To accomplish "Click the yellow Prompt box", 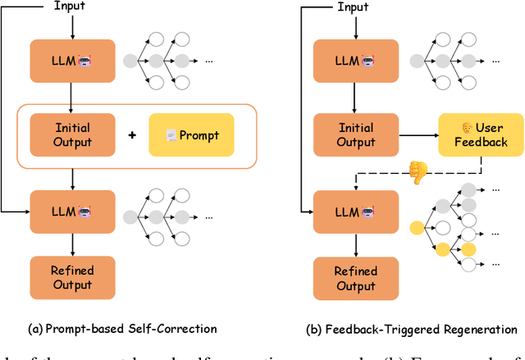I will point(190,134).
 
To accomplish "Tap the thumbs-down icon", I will point(418,173).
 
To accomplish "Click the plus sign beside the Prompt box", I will point(131,134).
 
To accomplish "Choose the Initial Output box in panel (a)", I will point(73,134).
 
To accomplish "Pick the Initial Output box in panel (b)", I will point(355,134).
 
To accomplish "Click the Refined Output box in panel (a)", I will point(73,276).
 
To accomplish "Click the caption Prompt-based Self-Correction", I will point(122,329).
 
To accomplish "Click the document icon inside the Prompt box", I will point(171,134).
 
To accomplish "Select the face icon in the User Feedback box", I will point(468,127).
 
